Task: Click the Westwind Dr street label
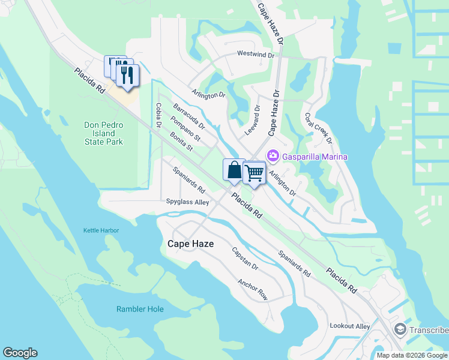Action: point(255,54)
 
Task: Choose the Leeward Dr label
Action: point(252,120)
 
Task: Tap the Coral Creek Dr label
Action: point(318,128)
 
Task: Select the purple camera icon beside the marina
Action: point(273,156)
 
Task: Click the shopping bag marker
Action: point(234,170)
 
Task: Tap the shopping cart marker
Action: point(255,173)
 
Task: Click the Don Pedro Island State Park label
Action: point(103,133)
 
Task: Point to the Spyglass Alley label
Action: point(187,202)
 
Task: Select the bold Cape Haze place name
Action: point(190,244)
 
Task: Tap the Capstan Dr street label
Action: point(245,259)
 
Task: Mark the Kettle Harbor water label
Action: point(101,230)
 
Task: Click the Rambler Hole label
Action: point(140,309)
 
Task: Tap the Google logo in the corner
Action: point(20,353)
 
